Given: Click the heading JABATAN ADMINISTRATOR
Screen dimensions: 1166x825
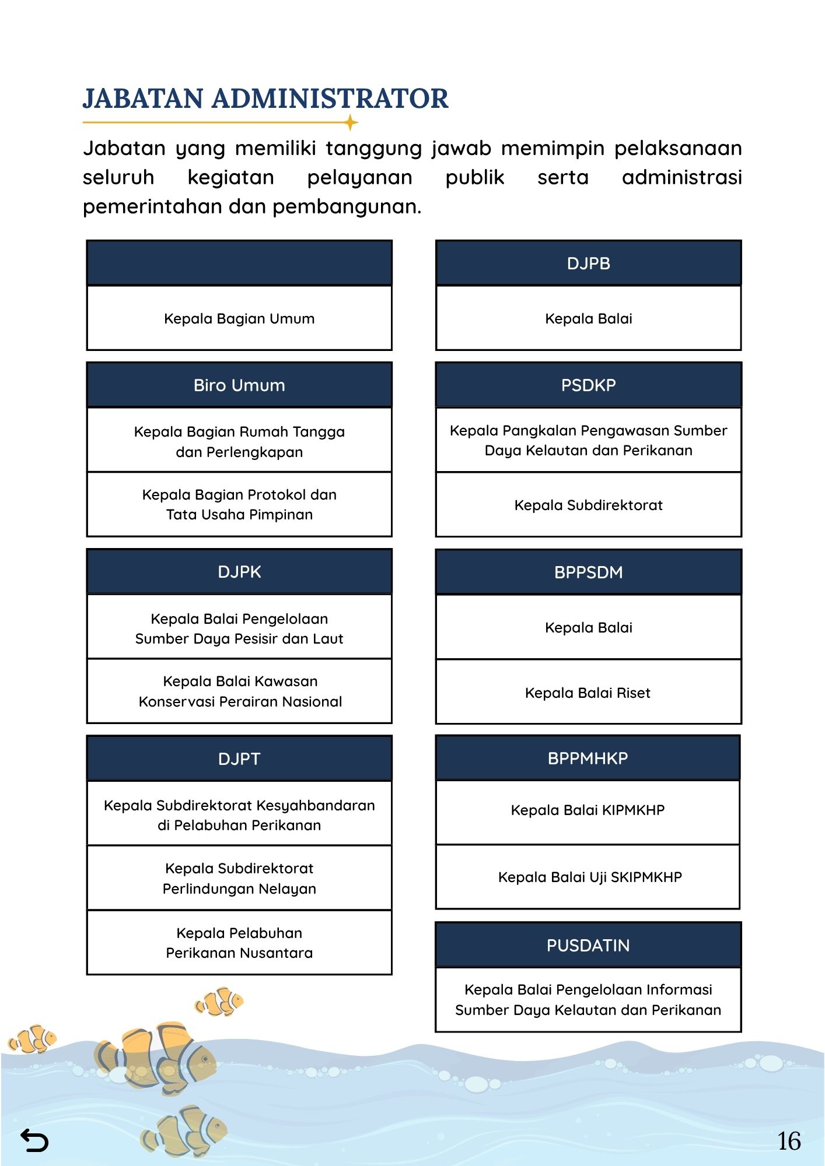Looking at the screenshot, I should coord(265,99).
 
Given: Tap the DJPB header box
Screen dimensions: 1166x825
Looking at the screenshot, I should coord(588,264).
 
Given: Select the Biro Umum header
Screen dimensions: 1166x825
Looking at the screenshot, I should coord(239,385).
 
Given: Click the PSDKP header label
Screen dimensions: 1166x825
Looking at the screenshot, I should coord(588,385).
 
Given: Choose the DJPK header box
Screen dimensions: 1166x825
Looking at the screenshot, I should coord(239,572).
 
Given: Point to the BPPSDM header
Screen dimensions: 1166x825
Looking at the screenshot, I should coord(588,573).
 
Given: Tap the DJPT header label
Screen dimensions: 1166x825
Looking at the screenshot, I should coord(239,759).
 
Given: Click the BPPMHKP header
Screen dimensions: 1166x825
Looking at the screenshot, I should coord(588,758).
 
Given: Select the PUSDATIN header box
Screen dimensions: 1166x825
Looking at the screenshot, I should coord(588,946).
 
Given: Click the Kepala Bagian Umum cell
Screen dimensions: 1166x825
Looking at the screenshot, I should coord(239,319).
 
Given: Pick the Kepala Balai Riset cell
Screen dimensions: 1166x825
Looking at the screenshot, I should coord(588,693).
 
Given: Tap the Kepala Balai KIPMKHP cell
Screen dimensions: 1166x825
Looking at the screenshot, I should coord(588,810).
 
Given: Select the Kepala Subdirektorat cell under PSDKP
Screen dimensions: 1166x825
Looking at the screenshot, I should coord(588,505).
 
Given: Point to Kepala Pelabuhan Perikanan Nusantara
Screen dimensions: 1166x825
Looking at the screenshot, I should coord(239,943).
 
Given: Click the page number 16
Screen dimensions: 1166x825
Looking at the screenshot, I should coord(789,1141).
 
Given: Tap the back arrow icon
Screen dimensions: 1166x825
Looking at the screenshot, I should coord(34,1140).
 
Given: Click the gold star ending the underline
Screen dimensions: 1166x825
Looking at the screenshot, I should coord(351,123).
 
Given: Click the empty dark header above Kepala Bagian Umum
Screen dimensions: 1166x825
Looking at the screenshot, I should coord(239,263).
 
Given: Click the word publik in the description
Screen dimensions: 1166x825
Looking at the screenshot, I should coord(474,177).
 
